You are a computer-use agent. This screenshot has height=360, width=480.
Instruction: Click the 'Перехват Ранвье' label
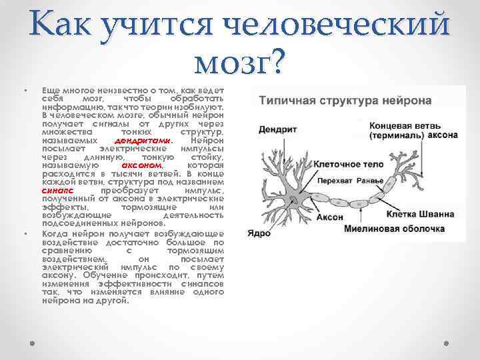351,180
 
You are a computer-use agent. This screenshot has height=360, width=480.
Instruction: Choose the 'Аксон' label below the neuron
311,217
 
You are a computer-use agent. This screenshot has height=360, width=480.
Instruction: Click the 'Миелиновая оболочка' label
394,228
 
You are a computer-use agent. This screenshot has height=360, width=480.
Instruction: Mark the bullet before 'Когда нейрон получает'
25,234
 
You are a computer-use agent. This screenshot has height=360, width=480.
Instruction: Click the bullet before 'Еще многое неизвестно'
25,89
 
